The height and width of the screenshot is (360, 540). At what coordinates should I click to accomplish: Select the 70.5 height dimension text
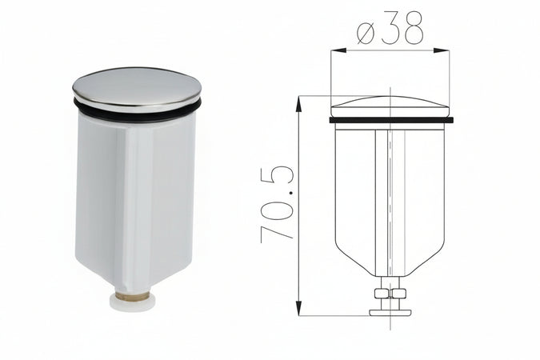click(x=278, y=203)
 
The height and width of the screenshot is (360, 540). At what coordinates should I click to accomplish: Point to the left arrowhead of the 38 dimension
click(x=337, y=50)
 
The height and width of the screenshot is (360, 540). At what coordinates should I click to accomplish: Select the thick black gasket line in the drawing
click(x=391, y=121)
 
